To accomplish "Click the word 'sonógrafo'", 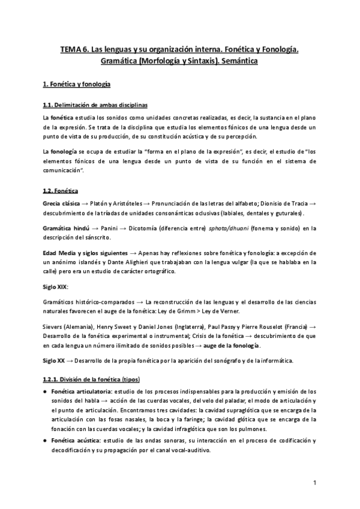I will pos(206,361).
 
